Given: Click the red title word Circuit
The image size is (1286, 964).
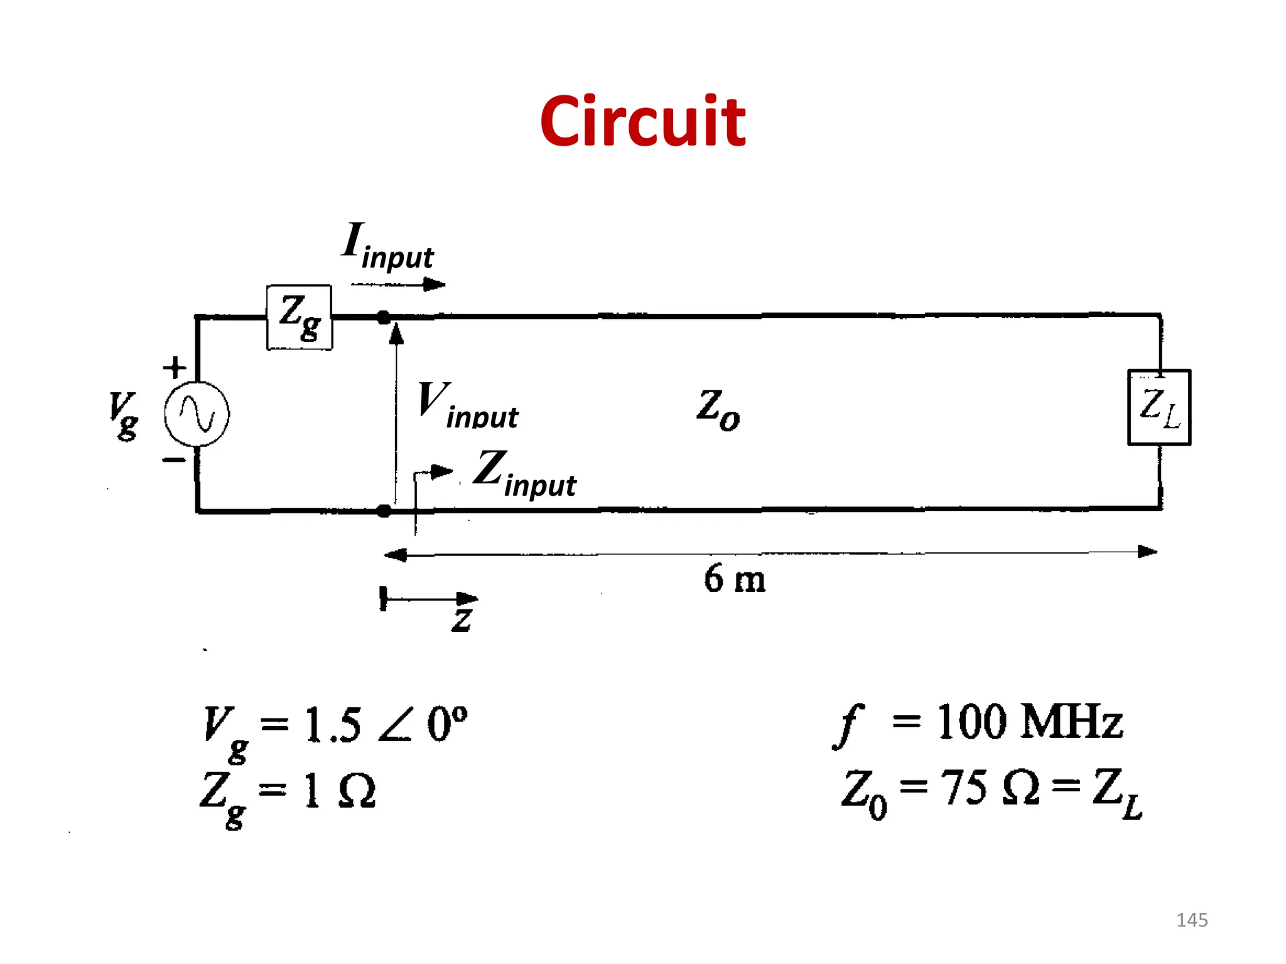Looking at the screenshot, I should [x=642, y=121].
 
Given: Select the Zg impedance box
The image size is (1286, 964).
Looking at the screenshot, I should [x=300, y=317].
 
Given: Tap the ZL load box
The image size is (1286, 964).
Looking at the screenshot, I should [x=1159, y=407].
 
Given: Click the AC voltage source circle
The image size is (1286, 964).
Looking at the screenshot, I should [x=197, y=414].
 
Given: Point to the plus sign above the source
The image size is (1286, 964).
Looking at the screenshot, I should [x=175, y=367].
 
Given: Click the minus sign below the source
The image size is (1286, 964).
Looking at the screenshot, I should [x=174, y=460].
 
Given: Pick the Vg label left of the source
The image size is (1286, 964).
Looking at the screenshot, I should [x=123, y=415].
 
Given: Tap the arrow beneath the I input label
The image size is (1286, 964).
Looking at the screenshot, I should [x=398, y=285].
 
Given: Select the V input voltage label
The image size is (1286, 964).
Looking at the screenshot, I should [x=468, y=406].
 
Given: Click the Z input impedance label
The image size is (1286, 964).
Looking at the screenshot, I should [x=524, y=474].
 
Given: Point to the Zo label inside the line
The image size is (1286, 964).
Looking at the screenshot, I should [x=718, y=409].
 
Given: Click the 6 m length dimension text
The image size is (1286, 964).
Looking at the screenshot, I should [x=734, y=579].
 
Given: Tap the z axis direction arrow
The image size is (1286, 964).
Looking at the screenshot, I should [x=430, y=599].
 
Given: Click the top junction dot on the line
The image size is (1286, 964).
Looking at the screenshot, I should [x=384, y=318].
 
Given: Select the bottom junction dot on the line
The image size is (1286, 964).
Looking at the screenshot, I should [x=384, y=511].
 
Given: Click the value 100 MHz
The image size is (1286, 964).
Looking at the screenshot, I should [x=1029, y=722].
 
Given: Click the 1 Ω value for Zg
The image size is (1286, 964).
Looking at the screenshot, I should [x=339, y=791].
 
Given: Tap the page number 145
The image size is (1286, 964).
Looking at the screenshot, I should [x=1191, y=920].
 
